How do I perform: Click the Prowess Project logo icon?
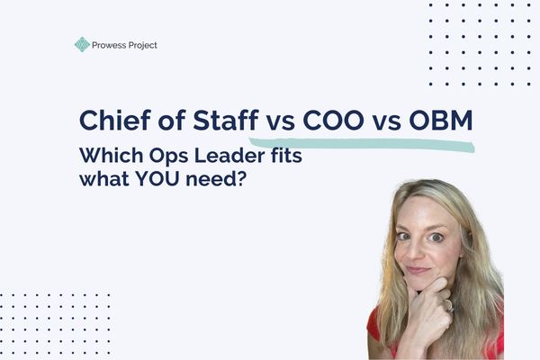coord(82,44)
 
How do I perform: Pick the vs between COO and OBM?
coord(387,123)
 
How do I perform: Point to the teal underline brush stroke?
coord(360,142)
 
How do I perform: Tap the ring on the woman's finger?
coord(447,303)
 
